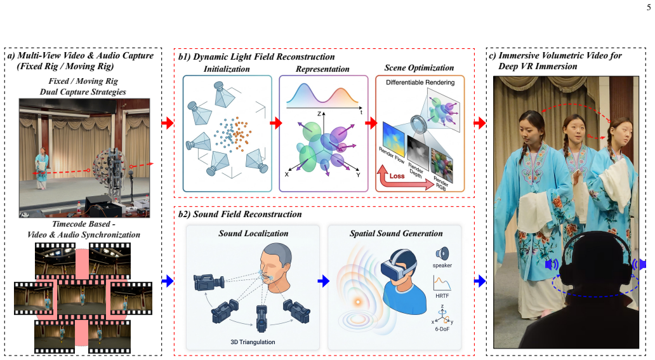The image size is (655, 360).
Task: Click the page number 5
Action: [x=648, y=8]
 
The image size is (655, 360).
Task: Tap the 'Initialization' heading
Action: [x=227, y=69]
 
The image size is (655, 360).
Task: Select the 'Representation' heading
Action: [x=322, y=69]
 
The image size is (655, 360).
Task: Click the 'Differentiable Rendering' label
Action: [x=420, y=83]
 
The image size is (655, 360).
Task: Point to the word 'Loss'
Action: [x=397, y=176]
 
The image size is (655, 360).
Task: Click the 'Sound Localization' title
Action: [x=253, y=233]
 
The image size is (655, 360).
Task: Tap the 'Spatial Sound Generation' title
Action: [x=396, y=233]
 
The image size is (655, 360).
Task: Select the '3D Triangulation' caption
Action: [x=253, y=342]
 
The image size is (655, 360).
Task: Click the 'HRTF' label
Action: [x=442, y=296]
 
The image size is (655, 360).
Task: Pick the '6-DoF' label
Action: [x=442, y=329]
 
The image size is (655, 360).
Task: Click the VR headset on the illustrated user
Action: [x=399, y=264]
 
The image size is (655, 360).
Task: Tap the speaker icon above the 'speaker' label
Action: [x=442, y=254]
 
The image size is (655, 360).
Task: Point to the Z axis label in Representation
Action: [x=319, y=114]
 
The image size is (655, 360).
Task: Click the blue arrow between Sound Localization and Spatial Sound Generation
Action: [x=323, y=281]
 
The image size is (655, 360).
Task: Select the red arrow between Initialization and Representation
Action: [x=275, y=123]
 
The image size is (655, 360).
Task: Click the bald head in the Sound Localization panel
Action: [x=275, y=267]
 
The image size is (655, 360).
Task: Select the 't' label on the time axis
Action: [x=361, y=112]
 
